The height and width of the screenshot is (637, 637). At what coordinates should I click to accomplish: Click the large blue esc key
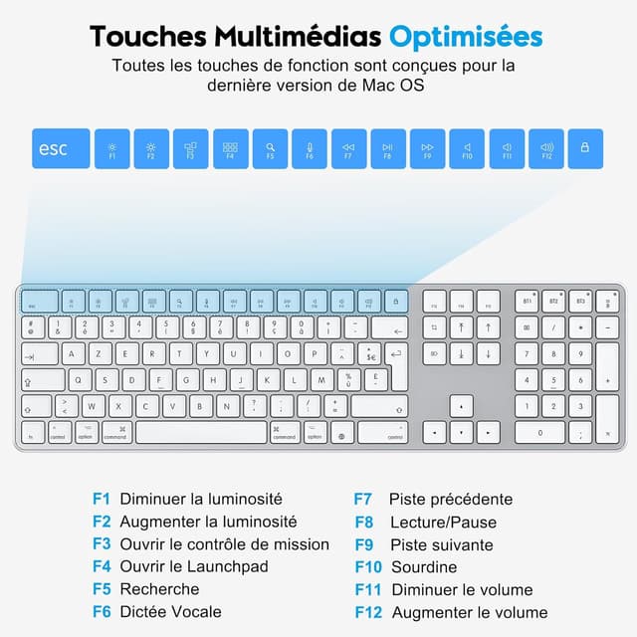61,149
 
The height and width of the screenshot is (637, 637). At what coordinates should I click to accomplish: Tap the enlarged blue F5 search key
270,149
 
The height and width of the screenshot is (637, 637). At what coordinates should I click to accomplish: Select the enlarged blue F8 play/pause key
388,149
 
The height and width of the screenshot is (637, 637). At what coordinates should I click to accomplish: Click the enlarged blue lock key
584,149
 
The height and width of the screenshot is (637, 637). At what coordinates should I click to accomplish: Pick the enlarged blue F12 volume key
546,149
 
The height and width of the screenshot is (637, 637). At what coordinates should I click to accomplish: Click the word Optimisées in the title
466,37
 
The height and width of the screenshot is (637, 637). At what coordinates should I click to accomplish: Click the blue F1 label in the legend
101,499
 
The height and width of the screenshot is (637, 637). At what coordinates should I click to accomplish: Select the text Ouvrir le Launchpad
193,566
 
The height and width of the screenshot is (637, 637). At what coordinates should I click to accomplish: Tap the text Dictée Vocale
170,611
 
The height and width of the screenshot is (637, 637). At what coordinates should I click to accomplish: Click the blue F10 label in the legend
368,566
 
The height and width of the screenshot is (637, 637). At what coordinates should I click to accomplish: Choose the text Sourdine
423,566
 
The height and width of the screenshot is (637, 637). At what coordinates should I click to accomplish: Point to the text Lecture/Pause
443,522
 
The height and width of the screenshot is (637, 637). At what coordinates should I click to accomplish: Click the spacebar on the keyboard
201,433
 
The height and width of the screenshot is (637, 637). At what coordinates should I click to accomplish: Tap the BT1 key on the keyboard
528,300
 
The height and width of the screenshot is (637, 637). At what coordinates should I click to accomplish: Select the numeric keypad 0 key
540,433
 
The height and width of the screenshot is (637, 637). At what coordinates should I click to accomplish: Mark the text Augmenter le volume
469,612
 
